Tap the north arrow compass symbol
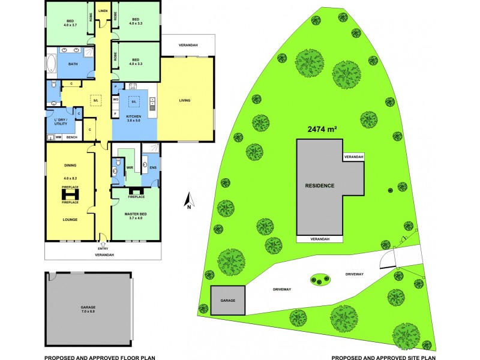click(187, 201)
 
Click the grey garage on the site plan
click(228, 300)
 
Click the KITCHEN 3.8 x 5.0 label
click(134, 118)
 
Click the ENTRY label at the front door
click(103, 249)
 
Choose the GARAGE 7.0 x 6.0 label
click(88, 310)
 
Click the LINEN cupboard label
click(103, 11)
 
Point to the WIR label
click(129, 167)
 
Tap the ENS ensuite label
click(152, 167)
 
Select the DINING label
click(70, 165)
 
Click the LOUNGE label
click(70, 220)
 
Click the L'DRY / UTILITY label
click(61, 122)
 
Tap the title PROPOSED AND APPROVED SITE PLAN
click(383, 357)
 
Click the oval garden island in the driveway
click(319, 279)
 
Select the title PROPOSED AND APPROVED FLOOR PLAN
click(100, 357)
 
